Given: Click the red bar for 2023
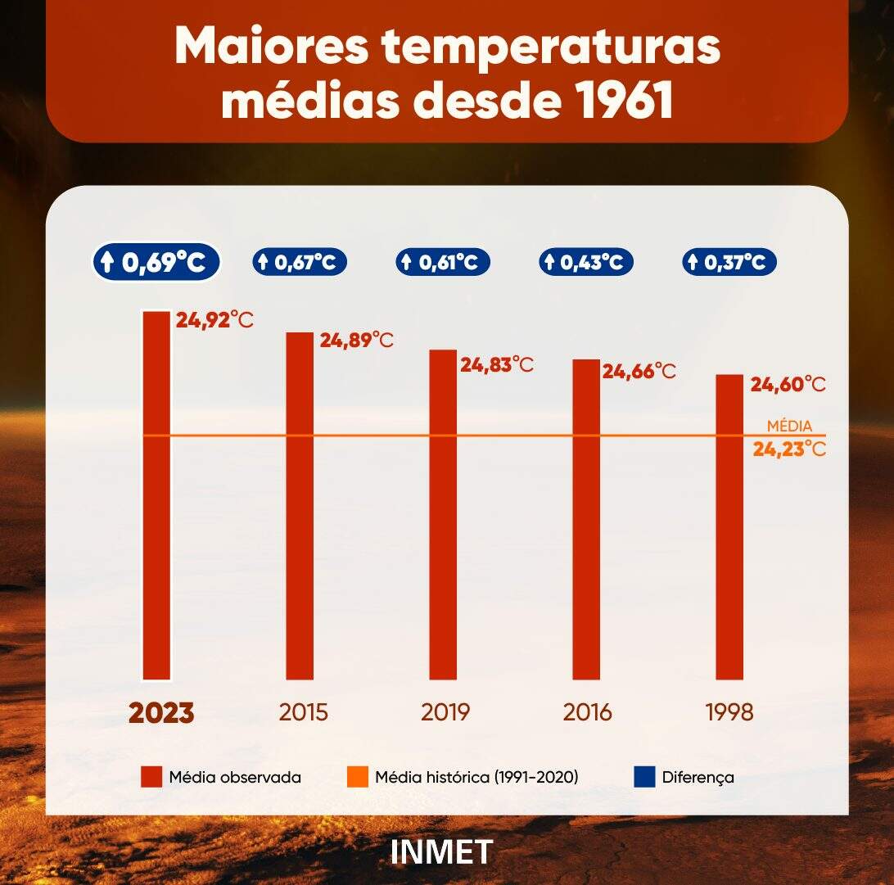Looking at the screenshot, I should coord(156,495).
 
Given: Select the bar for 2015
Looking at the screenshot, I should coord(299,505).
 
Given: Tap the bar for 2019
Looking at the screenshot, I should coord(443,514).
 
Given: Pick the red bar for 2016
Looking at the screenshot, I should coord(586,519).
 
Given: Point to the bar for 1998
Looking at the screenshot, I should coord(729,526).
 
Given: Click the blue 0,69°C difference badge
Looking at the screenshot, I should coord(156,263).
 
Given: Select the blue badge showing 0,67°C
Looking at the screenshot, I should coord(299,263).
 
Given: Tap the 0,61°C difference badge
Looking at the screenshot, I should coord(443,263).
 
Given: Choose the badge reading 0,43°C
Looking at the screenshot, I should coord(586,263).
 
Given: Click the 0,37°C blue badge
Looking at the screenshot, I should coord(729,263).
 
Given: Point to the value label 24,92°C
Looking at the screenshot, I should coord(214,318).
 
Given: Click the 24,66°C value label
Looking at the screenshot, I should coord(639,371).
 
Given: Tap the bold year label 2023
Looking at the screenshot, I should coord(161,712).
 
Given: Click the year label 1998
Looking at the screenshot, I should coord(729,712).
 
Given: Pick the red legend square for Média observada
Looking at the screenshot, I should coord(151,777).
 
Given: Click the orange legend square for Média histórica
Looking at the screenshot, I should coord(357,777).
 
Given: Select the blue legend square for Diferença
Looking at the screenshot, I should coord(645,777).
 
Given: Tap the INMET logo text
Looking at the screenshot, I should coord(442,851).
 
